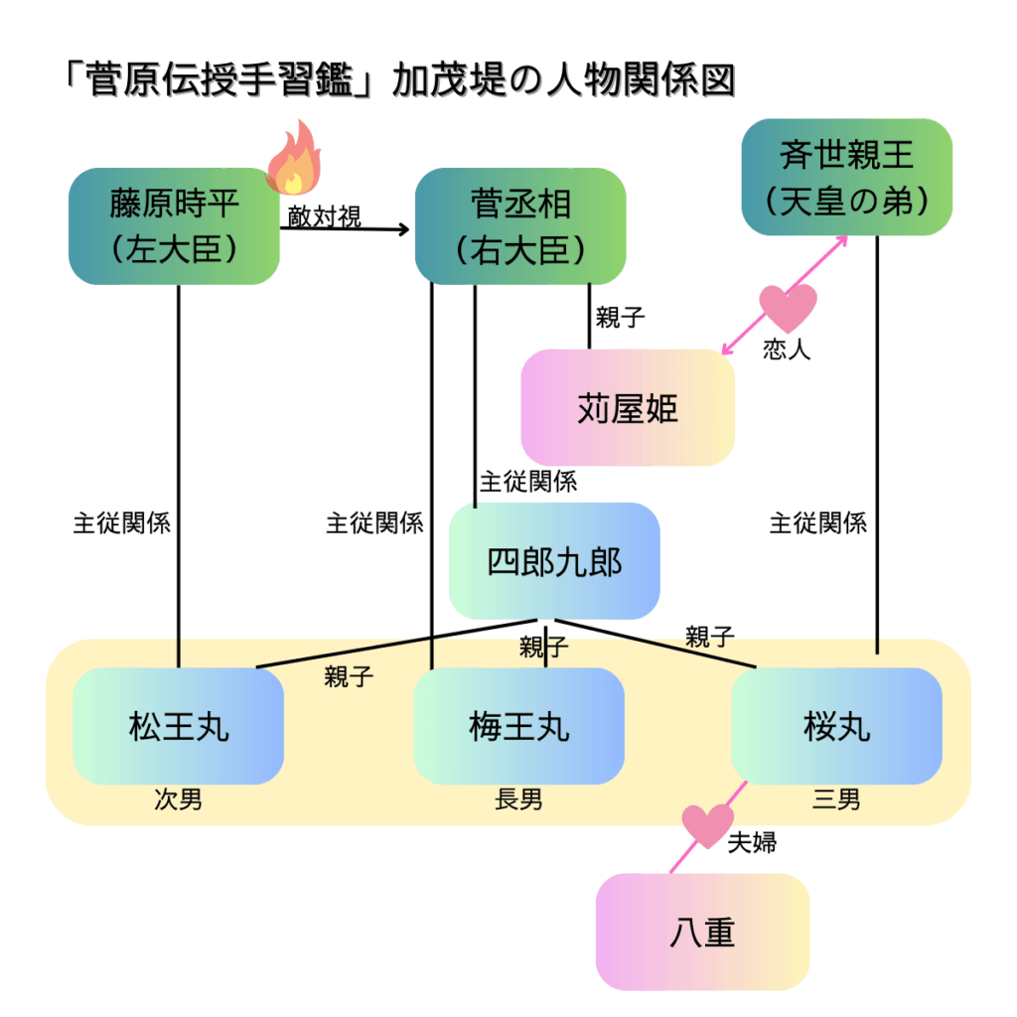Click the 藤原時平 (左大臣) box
pos(174,226)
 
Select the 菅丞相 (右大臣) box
pos(520,226)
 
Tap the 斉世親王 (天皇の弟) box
pos(847,177)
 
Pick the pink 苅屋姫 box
pos(628,408)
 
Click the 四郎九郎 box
pos(554,562)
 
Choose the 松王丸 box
pos(179,726)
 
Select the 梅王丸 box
pos(518,726)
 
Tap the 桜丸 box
pos(836,726)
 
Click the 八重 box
pos(702,932)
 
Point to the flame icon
pos(294,159)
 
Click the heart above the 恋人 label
pos(788,307)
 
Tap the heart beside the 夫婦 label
pos(706,824)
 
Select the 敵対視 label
pos(325,217)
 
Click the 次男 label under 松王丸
pos(179,799)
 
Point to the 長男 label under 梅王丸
pos(518,799)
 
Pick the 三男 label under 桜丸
pos(836,799)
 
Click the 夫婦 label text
pos(752,844)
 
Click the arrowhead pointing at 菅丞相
pos(403,230)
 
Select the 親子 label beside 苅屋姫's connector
pos(621,318)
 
